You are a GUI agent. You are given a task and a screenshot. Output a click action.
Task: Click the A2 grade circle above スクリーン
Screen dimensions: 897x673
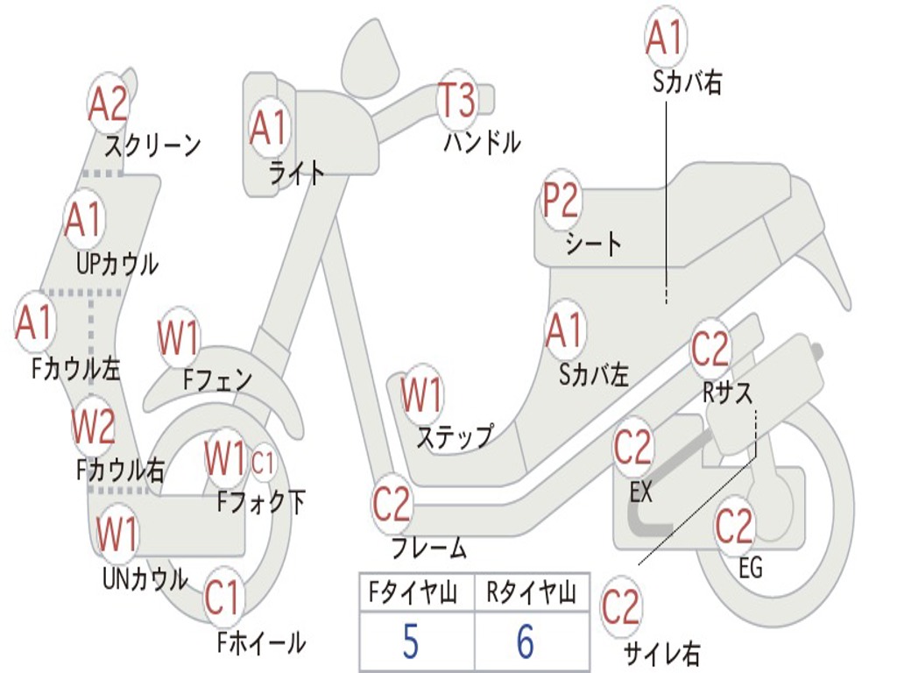(109, 104)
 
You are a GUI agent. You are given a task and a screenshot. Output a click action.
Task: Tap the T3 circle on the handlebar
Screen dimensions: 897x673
(456, 100)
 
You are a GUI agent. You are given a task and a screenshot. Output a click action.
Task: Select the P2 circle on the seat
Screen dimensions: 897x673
(561, 202)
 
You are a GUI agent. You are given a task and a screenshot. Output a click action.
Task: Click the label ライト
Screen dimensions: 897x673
(296, 172)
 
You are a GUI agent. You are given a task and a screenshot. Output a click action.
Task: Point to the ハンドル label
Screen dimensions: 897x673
(482, 141)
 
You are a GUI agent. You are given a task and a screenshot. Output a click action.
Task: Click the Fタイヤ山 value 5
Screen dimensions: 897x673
(410, 642)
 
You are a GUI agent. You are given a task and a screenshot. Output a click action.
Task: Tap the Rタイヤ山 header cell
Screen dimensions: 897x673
(532, 594)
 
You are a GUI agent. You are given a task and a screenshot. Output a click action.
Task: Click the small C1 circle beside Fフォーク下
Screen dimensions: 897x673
(263, 464)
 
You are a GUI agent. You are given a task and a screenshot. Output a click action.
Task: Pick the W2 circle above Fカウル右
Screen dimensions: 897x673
(93, 428)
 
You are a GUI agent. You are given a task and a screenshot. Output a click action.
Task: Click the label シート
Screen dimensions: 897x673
(594, 244)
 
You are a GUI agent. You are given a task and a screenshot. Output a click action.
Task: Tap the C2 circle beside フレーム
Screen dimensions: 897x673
(392, 504)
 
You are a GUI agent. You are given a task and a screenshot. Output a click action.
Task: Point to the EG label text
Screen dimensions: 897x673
(751, 568)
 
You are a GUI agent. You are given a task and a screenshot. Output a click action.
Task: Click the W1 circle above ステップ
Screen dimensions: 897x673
(421, 395)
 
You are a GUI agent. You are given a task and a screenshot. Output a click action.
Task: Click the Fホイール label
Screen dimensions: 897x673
(261, 642)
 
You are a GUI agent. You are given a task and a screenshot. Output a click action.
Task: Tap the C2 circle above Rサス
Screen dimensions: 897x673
(710, 350)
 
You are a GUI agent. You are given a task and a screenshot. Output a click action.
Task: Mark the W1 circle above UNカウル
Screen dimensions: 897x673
(117, 534)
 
